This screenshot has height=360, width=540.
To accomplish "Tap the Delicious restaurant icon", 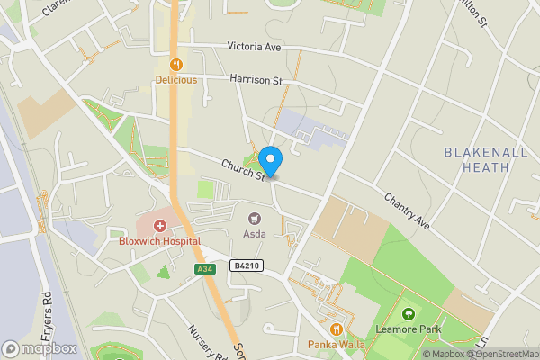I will tap(175, 65).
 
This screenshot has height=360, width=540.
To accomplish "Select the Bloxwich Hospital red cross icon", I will tap(160, 226).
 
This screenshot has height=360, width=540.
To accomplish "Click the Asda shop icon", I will tap(255, 218).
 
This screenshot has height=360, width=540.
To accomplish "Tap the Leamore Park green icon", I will tap(409, 315).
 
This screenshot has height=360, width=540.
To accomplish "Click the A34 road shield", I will tap(204, 269).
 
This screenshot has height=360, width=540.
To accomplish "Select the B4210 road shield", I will tap(245, 265).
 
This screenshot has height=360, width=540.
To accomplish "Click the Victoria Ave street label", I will tap(255, 46).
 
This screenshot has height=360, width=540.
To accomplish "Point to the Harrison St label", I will tap(256, 81).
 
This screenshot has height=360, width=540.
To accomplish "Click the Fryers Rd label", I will tap(47, 309).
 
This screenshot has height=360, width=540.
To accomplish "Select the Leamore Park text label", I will tap(409, 329).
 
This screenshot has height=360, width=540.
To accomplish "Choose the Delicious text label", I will tap(175, 79).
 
